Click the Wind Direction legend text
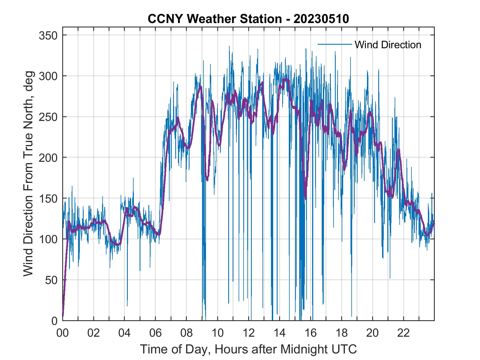click(388, 45)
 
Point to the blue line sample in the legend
click(335, 44)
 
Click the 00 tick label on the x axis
click(63, 333)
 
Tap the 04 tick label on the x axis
click(125, 333)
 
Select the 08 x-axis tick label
click(187, 333)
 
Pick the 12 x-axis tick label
click(249, 333)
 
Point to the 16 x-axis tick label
click(310, 333)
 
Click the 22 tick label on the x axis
click(403, 333)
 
